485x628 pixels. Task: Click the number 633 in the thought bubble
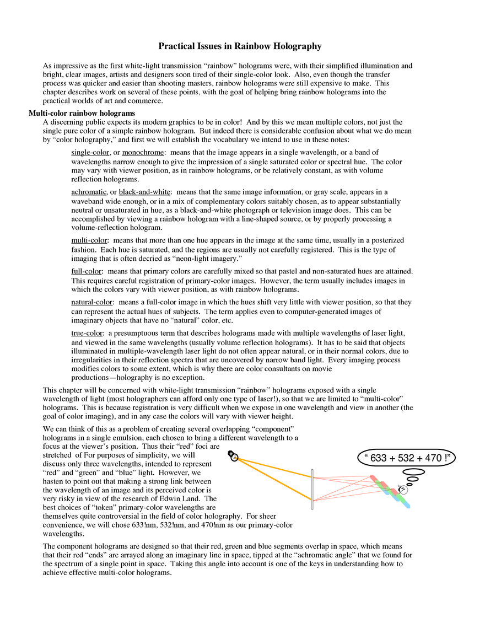tap(378, 458)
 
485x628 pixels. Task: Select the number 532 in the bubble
tap(405, 458)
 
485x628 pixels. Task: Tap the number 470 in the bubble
tap(432, 458)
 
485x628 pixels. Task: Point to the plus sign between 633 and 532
tap(392, 458)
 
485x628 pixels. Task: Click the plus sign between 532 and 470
tap(418, 458)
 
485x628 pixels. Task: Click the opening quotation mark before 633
tap(366, 457)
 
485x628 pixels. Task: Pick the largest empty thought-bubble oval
tap(413, 472)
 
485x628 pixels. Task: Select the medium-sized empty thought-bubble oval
tap(412, 479)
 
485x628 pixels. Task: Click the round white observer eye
tap(404, 490)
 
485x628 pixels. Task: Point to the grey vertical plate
tap(312, 490)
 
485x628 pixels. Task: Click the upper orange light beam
tap(276, 468)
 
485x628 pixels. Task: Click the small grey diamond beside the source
tap(231, 454)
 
